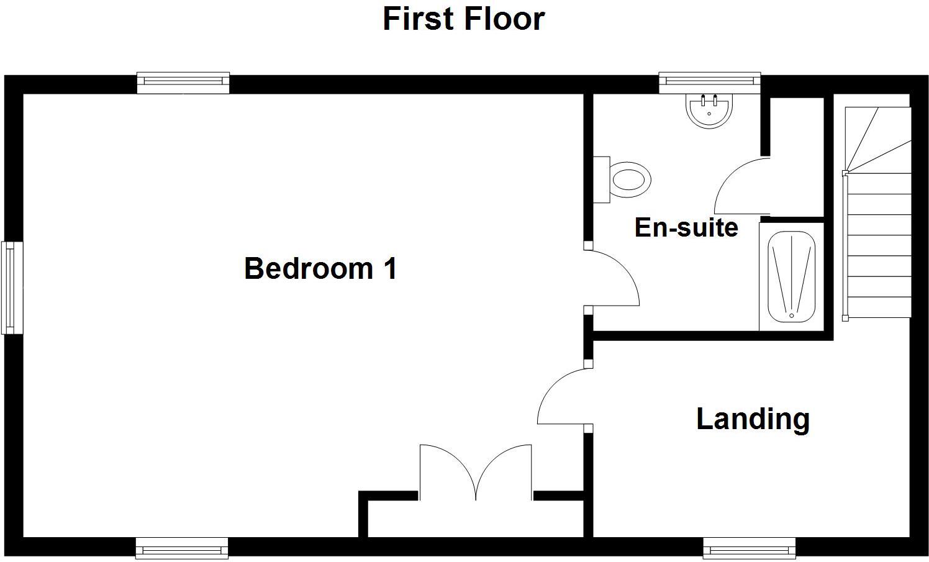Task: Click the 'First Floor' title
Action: click(463, 19)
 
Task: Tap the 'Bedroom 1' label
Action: click(320, 268)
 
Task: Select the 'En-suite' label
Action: click(686, 227)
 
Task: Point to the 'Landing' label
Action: click(753, 419)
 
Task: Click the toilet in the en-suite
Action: click(624, 179)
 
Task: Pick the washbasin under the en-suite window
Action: click(708, 110)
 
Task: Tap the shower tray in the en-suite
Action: click(791, 276)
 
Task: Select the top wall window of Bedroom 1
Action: click(183, 83)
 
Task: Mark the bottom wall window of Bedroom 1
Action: click(182, 548)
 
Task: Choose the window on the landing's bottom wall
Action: click(749, 548)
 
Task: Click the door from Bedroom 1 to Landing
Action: click(562, 397)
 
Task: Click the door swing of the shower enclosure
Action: click(739, 186)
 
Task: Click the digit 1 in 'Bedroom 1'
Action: click(389, 268)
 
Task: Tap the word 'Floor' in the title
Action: click(504, 19)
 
